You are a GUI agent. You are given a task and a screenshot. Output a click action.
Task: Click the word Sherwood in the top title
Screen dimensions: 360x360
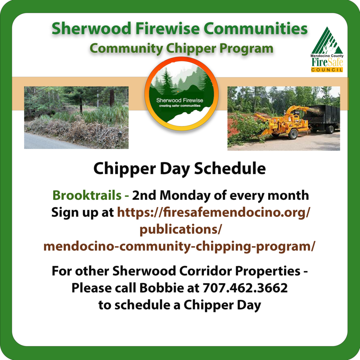coord(91,28)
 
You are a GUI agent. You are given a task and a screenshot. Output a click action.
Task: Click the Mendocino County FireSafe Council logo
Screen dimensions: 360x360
coord(327,50)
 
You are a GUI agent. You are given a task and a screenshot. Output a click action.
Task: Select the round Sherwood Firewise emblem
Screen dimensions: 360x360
coord(181,94)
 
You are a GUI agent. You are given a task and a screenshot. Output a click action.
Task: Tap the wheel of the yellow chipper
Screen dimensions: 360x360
coord(293,134)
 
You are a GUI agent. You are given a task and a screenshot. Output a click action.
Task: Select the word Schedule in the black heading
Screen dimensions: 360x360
coord(230,168)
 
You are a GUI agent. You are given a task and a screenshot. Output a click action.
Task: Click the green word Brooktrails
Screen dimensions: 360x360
coord(87,195)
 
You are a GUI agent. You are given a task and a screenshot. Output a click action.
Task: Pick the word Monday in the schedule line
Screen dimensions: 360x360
coord(185,196)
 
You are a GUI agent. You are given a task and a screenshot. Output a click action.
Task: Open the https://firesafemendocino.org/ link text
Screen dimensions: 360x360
coord(213,212)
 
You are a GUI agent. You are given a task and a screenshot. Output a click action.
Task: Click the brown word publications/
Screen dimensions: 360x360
coord(181,229)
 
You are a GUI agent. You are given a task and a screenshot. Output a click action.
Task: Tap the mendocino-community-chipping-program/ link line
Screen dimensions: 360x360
coord(179,246)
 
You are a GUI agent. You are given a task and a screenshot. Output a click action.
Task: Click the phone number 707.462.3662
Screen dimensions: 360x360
coord(245,288)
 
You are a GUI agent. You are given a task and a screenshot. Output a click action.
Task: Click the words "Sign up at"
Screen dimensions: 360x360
coord(83,213)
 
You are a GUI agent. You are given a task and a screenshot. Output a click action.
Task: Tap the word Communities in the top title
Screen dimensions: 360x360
coord(256,28)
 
